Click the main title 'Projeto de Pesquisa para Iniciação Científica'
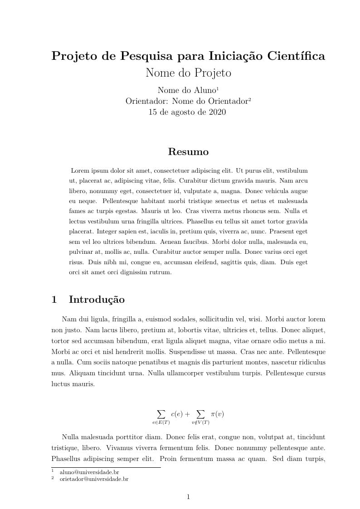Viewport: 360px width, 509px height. [x=188, y=56]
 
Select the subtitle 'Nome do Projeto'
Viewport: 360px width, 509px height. [x=188, y=73]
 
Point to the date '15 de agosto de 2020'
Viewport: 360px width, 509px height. [x=187, y=112]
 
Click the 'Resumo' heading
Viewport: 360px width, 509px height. [x=188, y=152]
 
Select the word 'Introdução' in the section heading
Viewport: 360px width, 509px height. [x=97, y=300]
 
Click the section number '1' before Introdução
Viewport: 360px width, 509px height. [x=54, y=300]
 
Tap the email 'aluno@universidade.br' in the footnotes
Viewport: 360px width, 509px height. [x=89, y=472]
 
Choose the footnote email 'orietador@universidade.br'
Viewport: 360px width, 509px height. [x=94, y=479]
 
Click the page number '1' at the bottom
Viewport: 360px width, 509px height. [x=188, y=497]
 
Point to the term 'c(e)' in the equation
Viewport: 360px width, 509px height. [x=177, y=414]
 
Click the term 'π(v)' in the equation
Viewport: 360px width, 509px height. [x=217, y=414]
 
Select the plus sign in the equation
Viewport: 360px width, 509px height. [x=188, y=414]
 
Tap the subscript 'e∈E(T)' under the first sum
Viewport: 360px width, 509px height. [x=161, y=422]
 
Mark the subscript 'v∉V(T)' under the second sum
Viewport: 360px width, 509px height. [x=200, y=422]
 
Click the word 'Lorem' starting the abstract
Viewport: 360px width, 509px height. [x=80, y=171]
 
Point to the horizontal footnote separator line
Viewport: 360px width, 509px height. [x=106, y=467]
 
